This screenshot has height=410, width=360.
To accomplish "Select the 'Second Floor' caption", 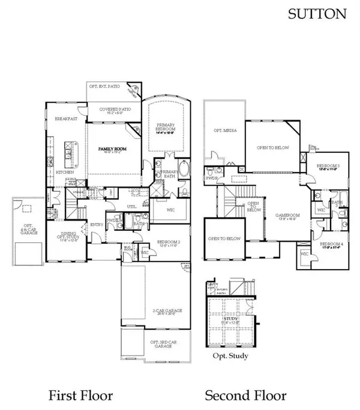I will tap(245, 395).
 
